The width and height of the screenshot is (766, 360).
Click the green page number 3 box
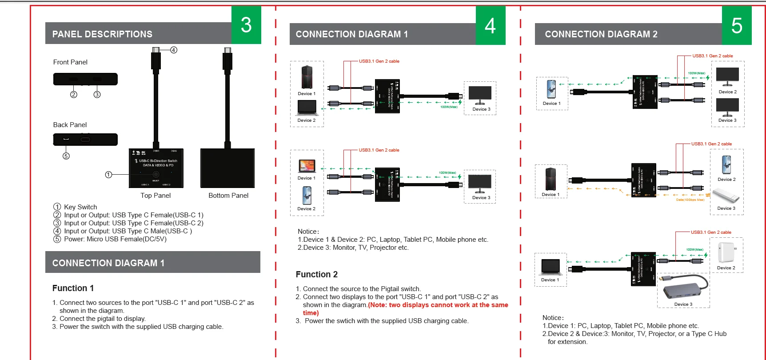246,25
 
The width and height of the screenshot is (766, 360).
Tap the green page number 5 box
737,26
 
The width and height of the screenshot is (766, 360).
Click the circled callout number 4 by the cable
174,50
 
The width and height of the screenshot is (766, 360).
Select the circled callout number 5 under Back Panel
66,156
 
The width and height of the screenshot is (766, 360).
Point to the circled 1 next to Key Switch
57,207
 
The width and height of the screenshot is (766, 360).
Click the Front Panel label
70,62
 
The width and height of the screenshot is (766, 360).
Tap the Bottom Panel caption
228,196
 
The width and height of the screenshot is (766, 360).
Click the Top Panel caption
156,196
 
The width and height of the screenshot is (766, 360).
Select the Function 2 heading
317,274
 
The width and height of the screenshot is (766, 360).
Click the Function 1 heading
73,288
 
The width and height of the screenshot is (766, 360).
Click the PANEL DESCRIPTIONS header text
102,34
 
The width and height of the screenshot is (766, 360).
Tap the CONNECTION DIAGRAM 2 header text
601,34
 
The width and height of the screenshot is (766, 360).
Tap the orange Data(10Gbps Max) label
690,200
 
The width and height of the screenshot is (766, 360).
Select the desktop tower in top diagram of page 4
307,77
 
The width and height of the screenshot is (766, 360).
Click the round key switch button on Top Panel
156,175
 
